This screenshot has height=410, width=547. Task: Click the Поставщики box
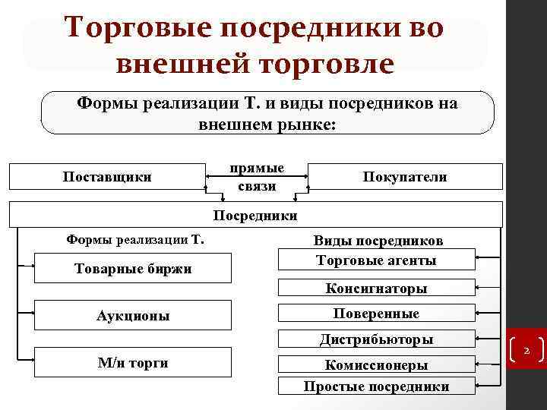(x=107, y=177)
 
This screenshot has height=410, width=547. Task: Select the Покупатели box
(x=405, y=177)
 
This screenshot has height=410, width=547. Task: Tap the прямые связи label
(x=256, y=177)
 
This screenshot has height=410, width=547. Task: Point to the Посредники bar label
(x=255, y=216)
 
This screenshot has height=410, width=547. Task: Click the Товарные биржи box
(x=133, y=269)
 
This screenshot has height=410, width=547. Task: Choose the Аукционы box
(x=133, y=316)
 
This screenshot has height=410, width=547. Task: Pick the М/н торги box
(x=133, y=363)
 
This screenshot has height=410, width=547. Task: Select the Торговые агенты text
(x=376, y=260)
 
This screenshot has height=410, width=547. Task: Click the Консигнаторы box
(x=376, y=289)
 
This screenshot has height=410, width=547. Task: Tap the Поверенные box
(x=376, y=314)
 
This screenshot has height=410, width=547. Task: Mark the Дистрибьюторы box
(x=376, y=339)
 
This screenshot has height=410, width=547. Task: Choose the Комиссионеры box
(x=376, y=364)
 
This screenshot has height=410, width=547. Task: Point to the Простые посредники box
(x=376, y=386)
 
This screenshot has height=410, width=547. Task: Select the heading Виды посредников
(x=378, y=241)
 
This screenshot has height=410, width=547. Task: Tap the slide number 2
(x=526, y=351)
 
